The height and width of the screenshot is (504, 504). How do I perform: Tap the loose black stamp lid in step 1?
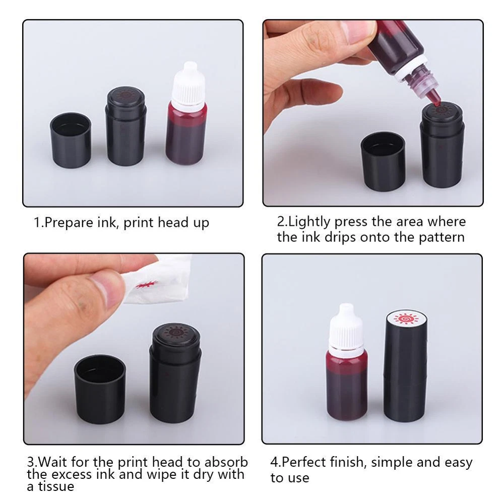click(71, 140)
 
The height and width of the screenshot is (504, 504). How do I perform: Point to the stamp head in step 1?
click(126, 95)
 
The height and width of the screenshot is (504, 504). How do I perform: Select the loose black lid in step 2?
click(383, 161)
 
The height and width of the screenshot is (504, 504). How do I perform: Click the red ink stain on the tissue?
click(147, 284)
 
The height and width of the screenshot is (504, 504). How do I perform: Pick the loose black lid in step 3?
click(100, 389)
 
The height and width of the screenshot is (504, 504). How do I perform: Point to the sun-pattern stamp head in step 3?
click(176, 334)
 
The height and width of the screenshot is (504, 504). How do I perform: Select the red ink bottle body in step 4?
click(347, 385)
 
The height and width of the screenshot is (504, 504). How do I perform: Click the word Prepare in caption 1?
click(69, 223)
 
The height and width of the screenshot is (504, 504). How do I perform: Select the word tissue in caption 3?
click(56, 486)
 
